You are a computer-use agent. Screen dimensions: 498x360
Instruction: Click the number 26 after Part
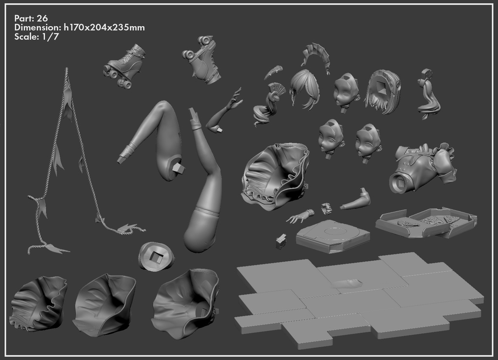[x=42, y=18]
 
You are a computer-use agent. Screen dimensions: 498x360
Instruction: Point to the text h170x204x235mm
[x=104, y=27]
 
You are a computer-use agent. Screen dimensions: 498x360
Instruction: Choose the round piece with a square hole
[x=157, y=256]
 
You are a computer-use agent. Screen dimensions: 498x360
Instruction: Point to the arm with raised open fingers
[x=224, y=111]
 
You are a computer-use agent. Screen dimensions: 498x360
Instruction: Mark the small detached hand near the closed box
[x=300, y=216]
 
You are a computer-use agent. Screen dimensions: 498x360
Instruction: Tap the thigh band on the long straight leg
[x=207, y=212]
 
